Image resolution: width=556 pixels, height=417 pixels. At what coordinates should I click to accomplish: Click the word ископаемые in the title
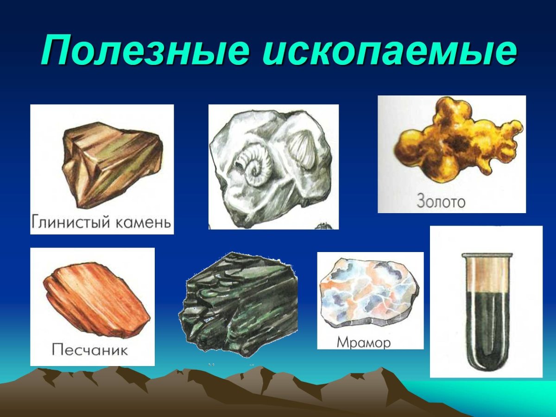coord(389,51)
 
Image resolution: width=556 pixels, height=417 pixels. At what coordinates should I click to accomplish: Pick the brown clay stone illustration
coord(111,162)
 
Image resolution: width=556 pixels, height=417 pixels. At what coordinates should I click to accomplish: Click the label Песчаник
coord(90,349)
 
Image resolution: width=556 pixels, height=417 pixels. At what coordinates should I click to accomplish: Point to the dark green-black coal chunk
coord(239,306)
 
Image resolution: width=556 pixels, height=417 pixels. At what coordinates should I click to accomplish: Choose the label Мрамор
coord(364,343)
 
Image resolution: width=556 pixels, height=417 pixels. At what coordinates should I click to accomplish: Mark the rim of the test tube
coord(486,255)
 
